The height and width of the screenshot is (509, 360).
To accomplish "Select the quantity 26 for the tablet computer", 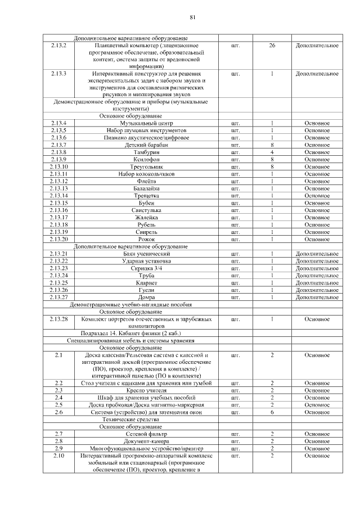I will pyautogui.click(x=272, y=44).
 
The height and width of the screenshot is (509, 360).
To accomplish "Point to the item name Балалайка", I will pyautogui.click(x=146, y=188).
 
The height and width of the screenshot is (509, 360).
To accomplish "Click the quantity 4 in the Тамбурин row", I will pyautogui.click(x=272, y=152).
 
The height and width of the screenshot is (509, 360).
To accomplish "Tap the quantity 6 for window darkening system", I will pyautogui.click(x=272, y=412).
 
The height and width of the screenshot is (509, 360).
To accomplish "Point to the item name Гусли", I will pyautogui.click(x=146, y=290).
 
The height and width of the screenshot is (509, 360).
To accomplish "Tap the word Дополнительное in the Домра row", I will pyautogui.click(x=317, y=297).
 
